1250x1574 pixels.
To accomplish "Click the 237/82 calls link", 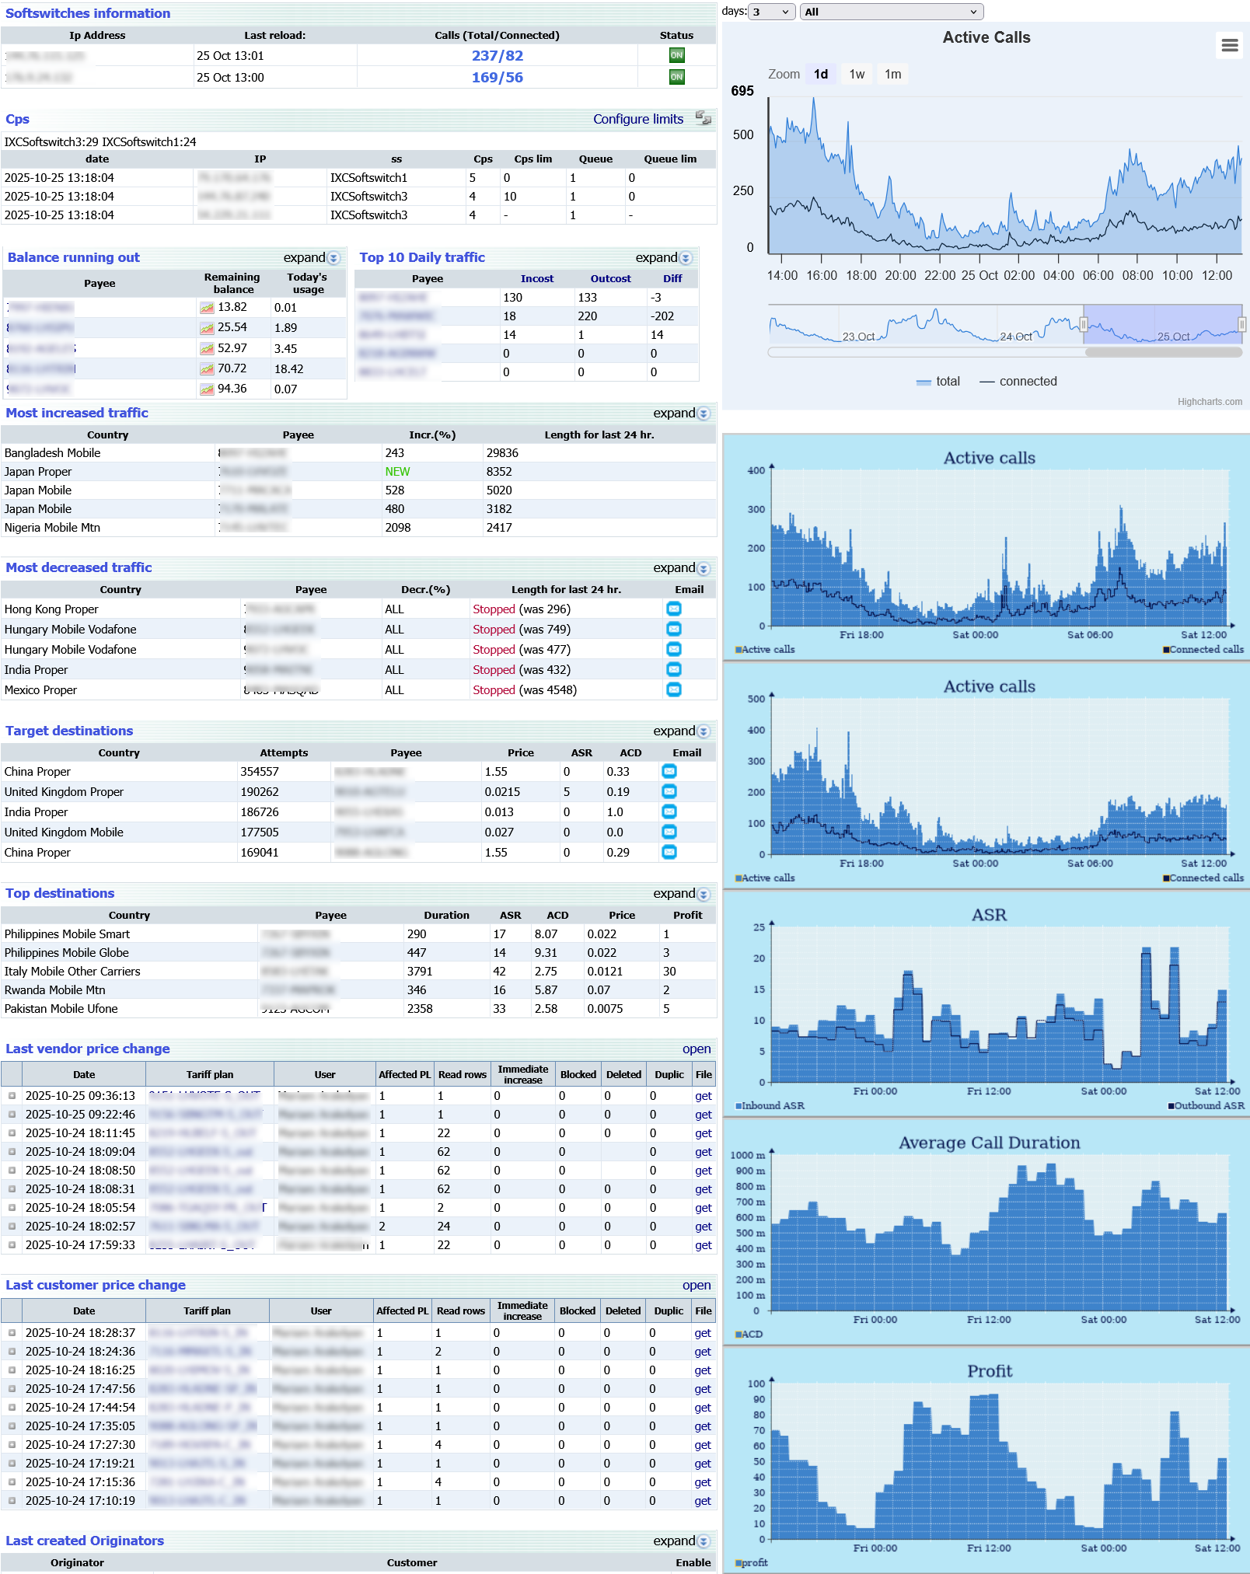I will [497, 56].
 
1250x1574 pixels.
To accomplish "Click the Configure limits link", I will [637, 119].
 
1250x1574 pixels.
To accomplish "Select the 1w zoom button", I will [857, 75].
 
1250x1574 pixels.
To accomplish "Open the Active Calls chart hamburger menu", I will [1229, 45].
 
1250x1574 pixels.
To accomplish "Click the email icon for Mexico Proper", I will [674, 689].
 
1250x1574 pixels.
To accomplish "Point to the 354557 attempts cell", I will [260, 772].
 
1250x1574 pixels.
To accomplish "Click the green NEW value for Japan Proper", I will [397, 472].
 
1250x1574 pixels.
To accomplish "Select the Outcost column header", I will [610, 279].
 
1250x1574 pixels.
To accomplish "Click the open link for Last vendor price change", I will [696, 1049].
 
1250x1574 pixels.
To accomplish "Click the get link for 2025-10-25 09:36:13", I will [703, 1096].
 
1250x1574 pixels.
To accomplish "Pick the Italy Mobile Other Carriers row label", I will [72, 972].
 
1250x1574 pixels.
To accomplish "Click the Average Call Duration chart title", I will [989, 1143].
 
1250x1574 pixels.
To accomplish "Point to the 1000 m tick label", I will [746, 1155].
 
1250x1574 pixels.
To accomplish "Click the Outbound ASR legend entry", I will [1207, 1105].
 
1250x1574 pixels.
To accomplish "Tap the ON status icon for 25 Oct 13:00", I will [676, 77].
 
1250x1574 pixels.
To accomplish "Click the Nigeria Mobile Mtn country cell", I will [52, 528].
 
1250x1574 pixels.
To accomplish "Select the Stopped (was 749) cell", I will [522, 630].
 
